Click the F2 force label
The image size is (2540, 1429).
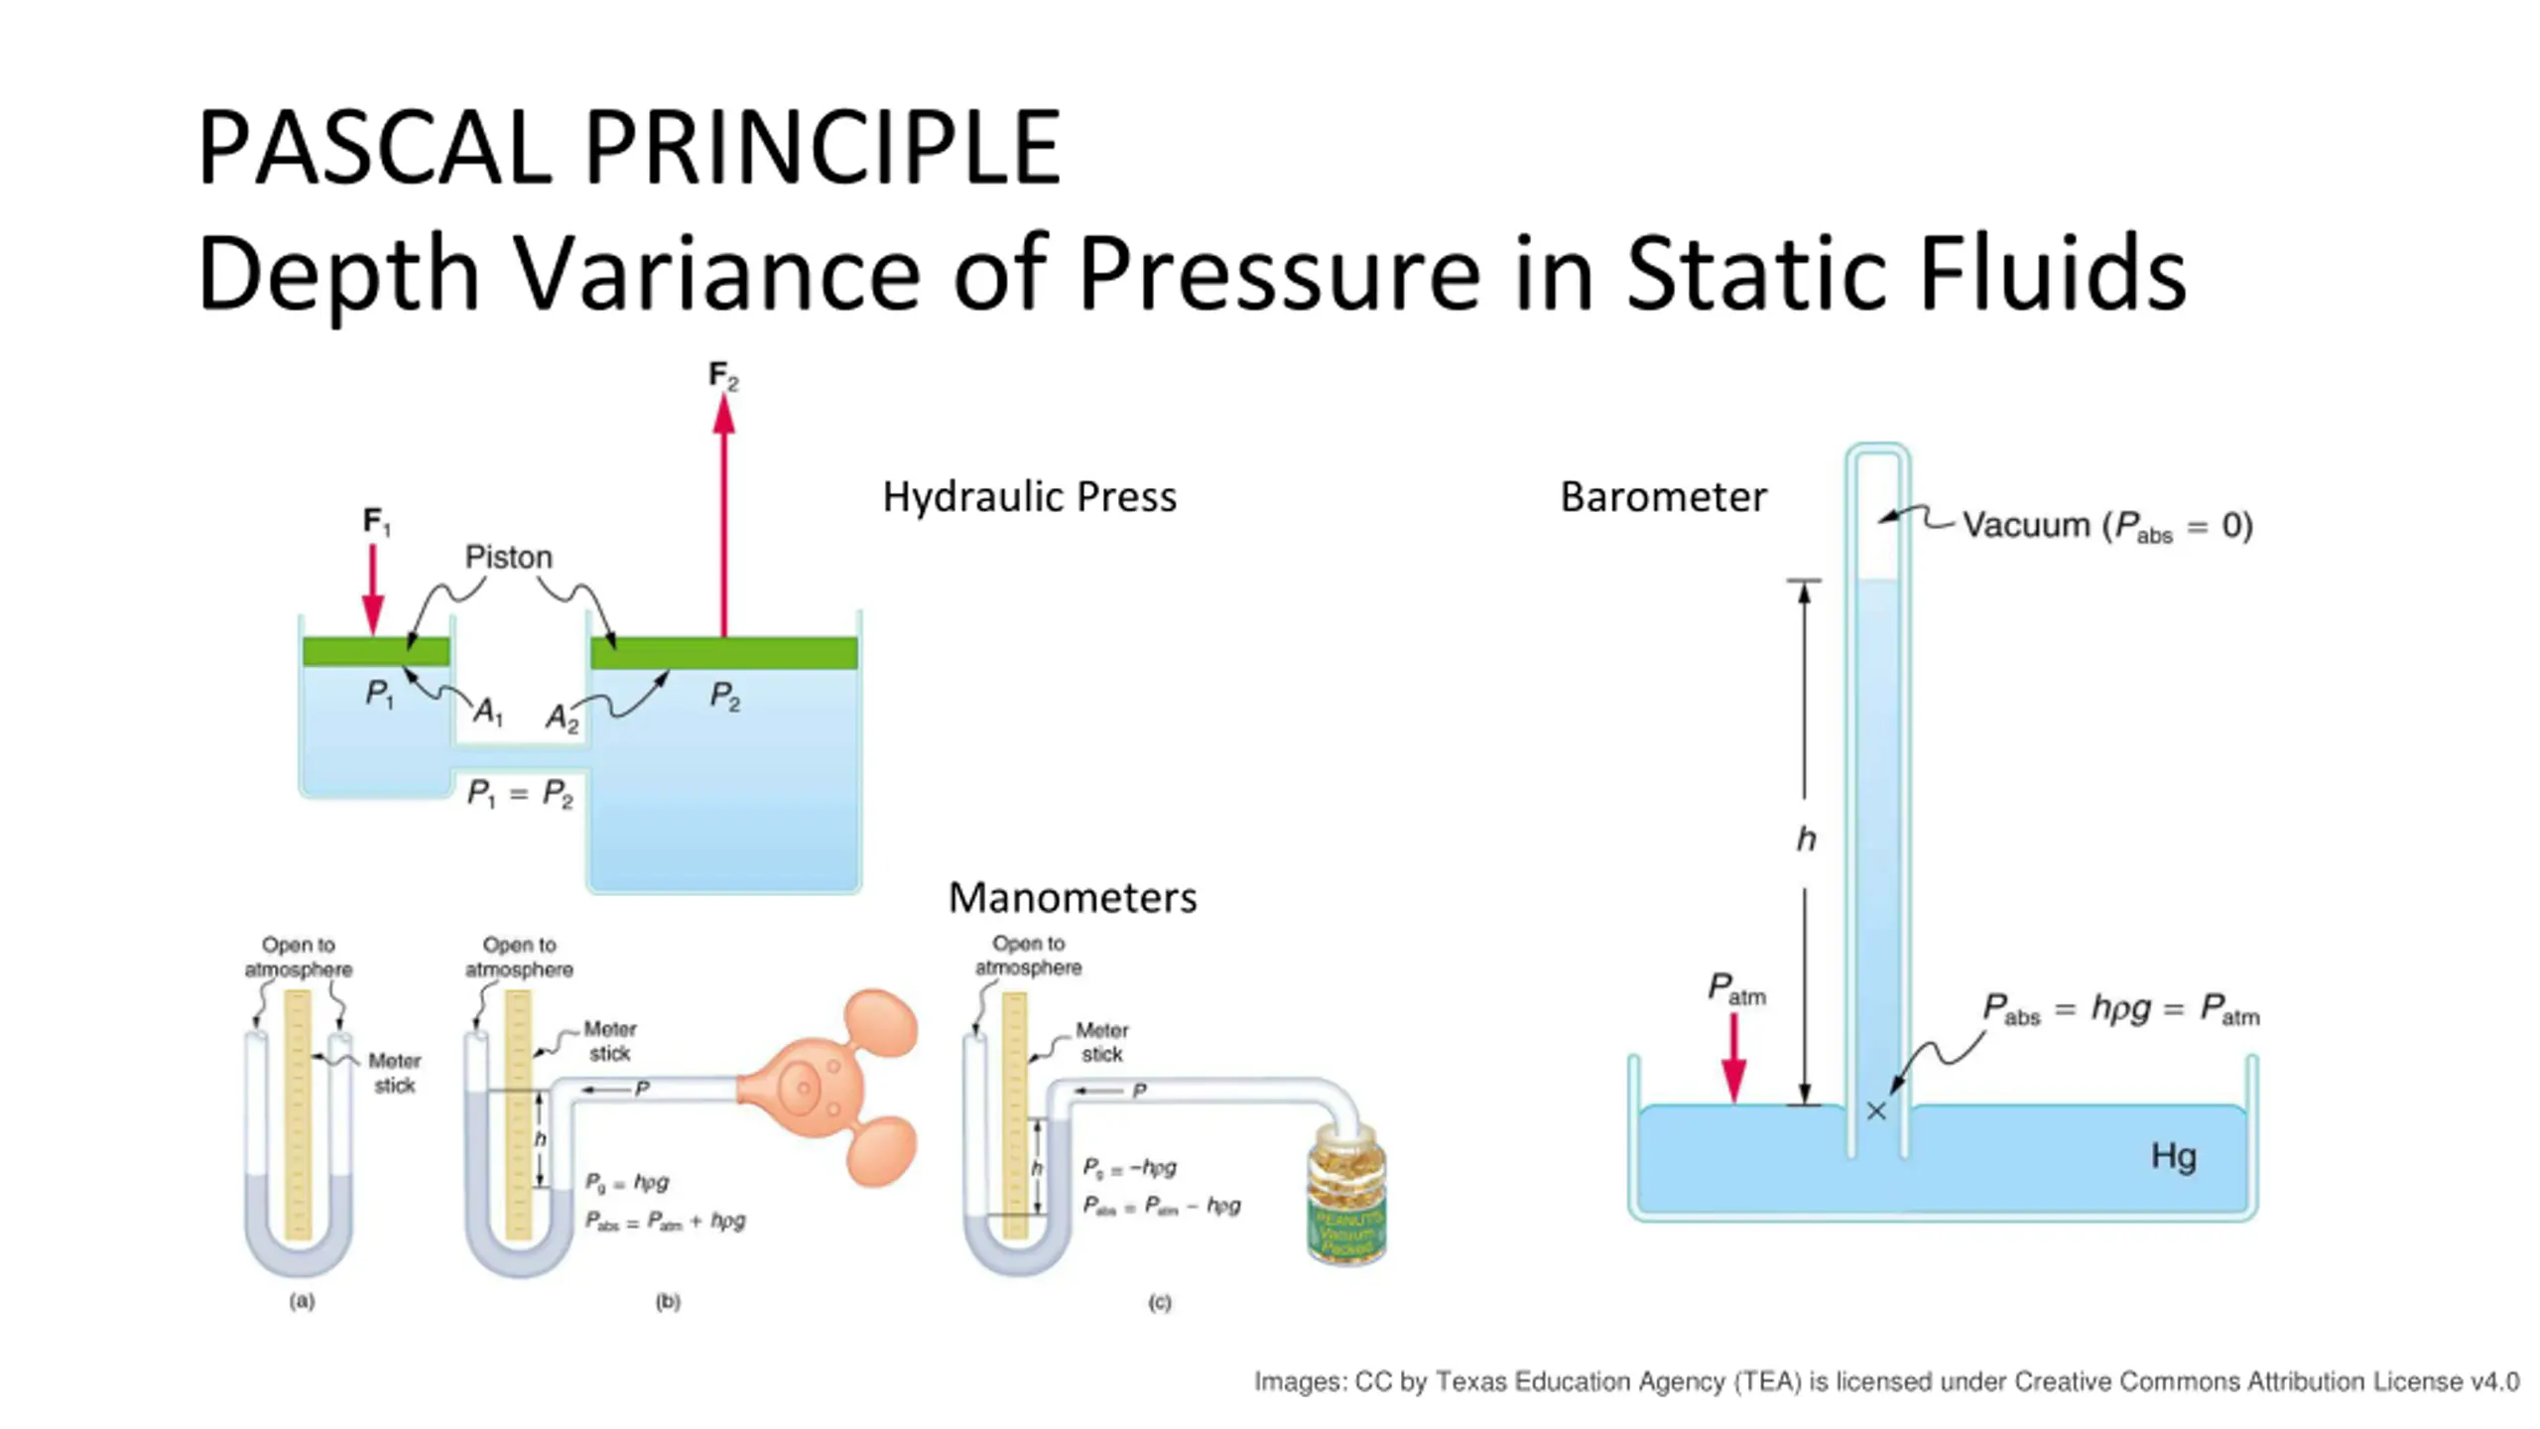pyautogui.click(x=723, y=376)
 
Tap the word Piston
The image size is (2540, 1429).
pyautogui.click(x=508, y=557)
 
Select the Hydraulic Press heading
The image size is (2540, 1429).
pyautogui.click(x=1029, y=496)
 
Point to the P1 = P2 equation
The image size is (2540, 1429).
pyautogui.click(x=520, y=794)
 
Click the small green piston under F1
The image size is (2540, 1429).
pyautogui.click(x=376, y=651)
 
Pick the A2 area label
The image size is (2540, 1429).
pyautogui.click(x=562, y=716)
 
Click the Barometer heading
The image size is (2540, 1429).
pyautogui.click(x=1663, y=496)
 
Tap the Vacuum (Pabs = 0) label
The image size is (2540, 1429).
pyautogui.click(x=2106, y=525)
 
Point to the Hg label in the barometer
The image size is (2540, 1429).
pyautogui.click(x=2173, y=1156)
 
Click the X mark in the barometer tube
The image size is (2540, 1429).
pyautogui.click(x=1875, y=1111)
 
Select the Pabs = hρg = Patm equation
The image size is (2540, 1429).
pyautogui.click(x=2120, y=1009)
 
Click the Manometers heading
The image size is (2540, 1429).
pyautogui.click(x=1073, y=897)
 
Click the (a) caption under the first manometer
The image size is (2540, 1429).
pyautogui.click(x=303, y=1300)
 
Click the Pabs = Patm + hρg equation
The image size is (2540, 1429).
pyautogui.click(x=665, y=1221)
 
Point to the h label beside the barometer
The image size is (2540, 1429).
pyautogui.click(x=1806, y=840)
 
